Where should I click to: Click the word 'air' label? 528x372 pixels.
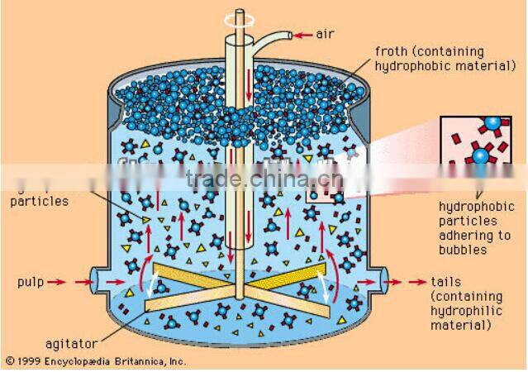tap(324, 35)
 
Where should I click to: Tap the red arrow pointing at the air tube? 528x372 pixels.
tap(302, 35)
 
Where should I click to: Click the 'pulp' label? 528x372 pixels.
tap(29, 282)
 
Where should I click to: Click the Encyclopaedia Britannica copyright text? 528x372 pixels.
tap(95, 360)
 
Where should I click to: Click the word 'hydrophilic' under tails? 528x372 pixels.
tap(465, 312)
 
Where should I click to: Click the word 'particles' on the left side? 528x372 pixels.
tap(40, 201)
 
